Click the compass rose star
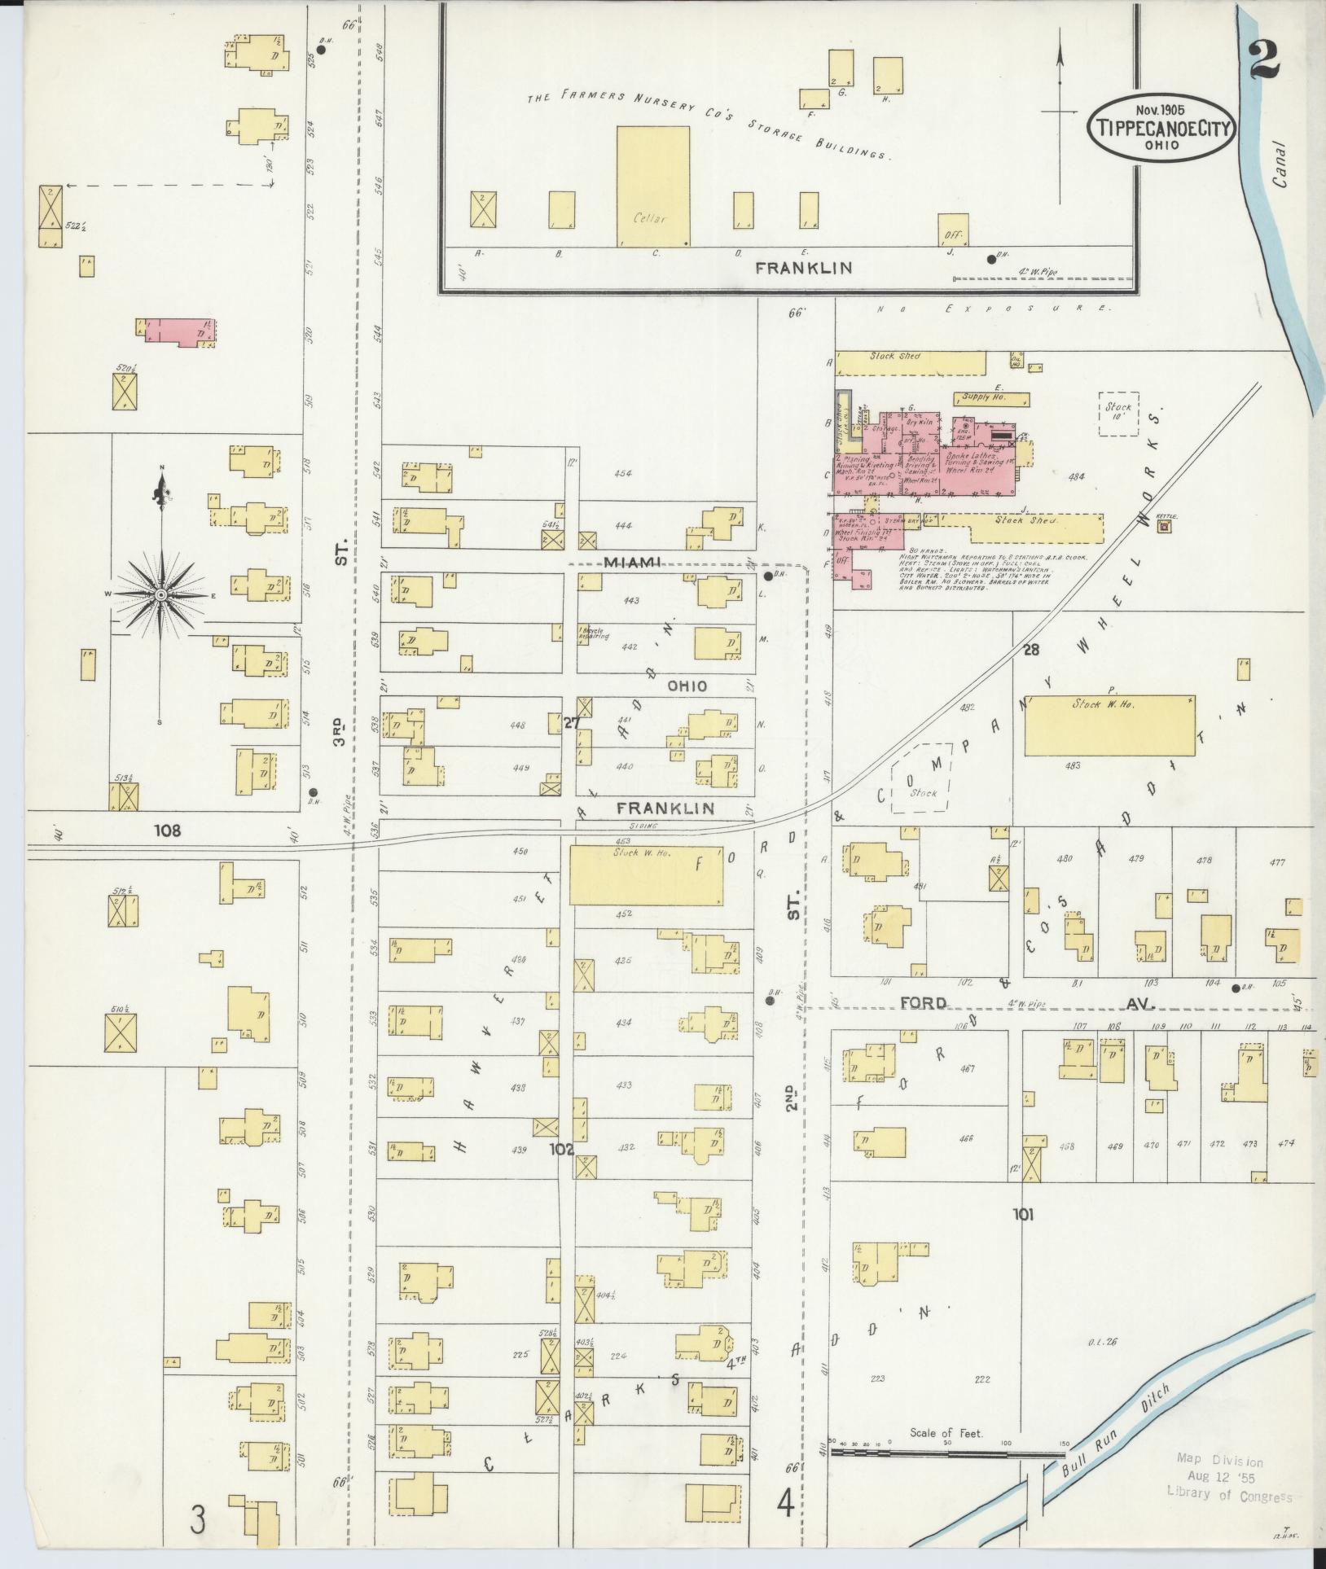tap(160, 595)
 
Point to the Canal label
tap(1281, 165)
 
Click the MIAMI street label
tap(631, 563)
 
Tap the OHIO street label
tap(687, 686)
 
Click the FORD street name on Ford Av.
tap(923, 1003)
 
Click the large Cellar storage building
tap(652, 186)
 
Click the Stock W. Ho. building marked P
tap(1109, 725)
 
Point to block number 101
tap(1023, 1238)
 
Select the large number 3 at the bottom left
tap(198, 1519)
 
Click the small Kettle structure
tap(1164, 527)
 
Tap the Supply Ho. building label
tap(984, 397)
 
